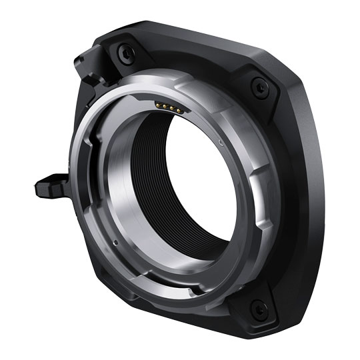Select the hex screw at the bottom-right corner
point(257,309)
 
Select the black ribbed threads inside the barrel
point(150,167)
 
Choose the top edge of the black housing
point(200,37)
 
